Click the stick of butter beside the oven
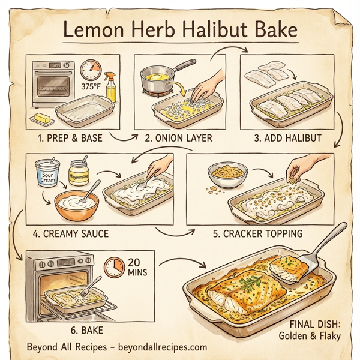43,118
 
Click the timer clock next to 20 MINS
113,266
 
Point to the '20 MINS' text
136,268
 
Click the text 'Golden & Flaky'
310,335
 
